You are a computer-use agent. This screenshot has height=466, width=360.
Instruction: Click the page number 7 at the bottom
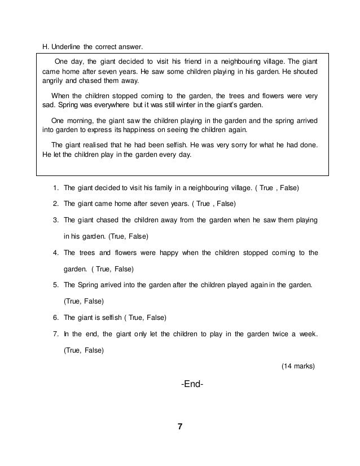[x=180, y=427]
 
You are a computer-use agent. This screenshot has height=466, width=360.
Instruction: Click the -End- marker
[x=192, y=385]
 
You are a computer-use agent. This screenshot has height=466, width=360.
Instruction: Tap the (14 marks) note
[x=298, y=366]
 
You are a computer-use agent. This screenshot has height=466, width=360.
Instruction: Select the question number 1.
[x=56, y=187]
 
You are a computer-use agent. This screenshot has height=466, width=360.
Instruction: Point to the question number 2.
[x=56, y=203]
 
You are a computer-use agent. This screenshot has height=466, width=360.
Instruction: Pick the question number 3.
[x=56, y=219]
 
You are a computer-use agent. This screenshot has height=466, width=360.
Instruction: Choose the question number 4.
[x=56, y=252]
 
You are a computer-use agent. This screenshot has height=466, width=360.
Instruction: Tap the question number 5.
[x=56, y=284]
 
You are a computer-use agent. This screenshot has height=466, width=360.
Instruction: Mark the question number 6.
[x=56, y=317]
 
